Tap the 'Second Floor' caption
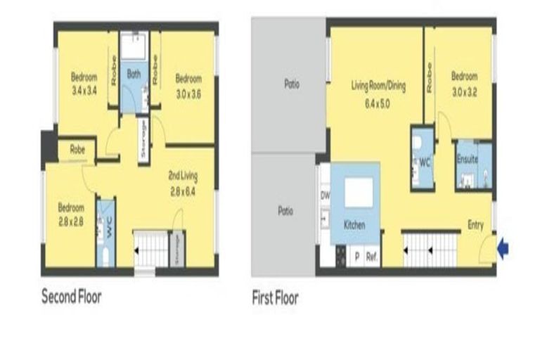72,297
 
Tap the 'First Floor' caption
275,298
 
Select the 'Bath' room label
134,73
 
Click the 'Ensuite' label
467,160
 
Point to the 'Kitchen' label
354,225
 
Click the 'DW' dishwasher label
325,195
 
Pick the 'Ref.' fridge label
371,257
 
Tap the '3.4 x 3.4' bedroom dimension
84,90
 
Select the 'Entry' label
476,224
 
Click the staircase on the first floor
428,250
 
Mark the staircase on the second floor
151,250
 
